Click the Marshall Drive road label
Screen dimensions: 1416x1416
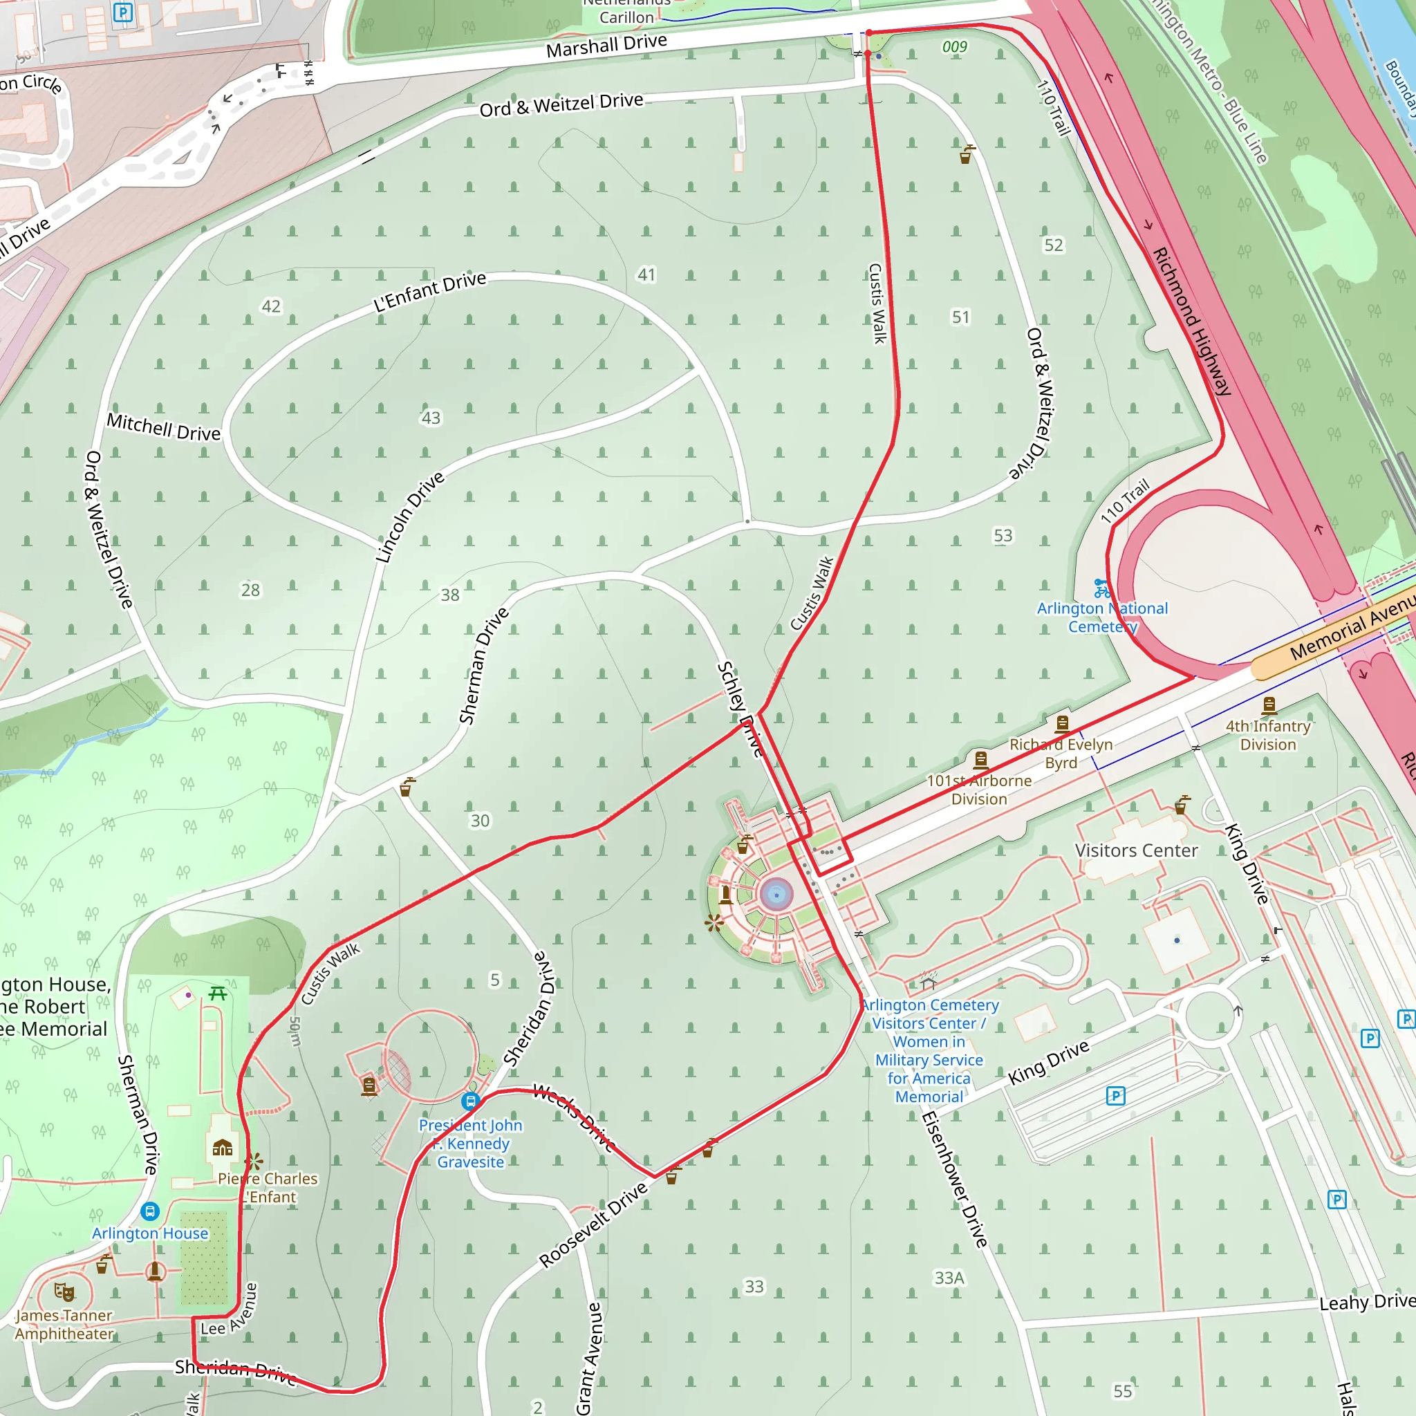(x=606, y=46)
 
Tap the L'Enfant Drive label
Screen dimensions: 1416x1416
(x=429, y=292)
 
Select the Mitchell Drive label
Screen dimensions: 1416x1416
(x=163, y=427)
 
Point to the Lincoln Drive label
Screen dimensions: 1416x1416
(x=410, y=516)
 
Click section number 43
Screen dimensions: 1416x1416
(x=431, y=418)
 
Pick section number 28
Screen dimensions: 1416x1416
(x=251, y=590)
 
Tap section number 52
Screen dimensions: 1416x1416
(x=1053, y=245)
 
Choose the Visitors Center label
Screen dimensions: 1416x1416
(x=1136, y=850)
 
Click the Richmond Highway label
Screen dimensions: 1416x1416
(x=1192, y=322)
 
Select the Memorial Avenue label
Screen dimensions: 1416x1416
(x=1352, y=626)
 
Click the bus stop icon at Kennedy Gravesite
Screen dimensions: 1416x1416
(x=471, y=1101)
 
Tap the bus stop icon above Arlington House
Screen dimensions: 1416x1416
(x=150, y=1211)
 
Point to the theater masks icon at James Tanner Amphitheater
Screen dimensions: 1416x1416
(x=64, y=1292)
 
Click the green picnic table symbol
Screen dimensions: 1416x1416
(x=218, y=994)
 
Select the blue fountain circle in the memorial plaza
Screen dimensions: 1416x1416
(x=776, y=894)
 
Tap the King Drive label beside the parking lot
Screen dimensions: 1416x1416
(x=1048, y=1063)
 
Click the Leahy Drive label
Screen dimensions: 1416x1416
(x=1367, y=1303)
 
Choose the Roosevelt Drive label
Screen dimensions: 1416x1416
(x=594, y=1224)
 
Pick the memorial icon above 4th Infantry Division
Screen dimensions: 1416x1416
(x=1269, y=706)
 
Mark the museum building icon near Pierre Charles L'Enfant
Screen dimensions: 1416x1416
(x=222, y=1148)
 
